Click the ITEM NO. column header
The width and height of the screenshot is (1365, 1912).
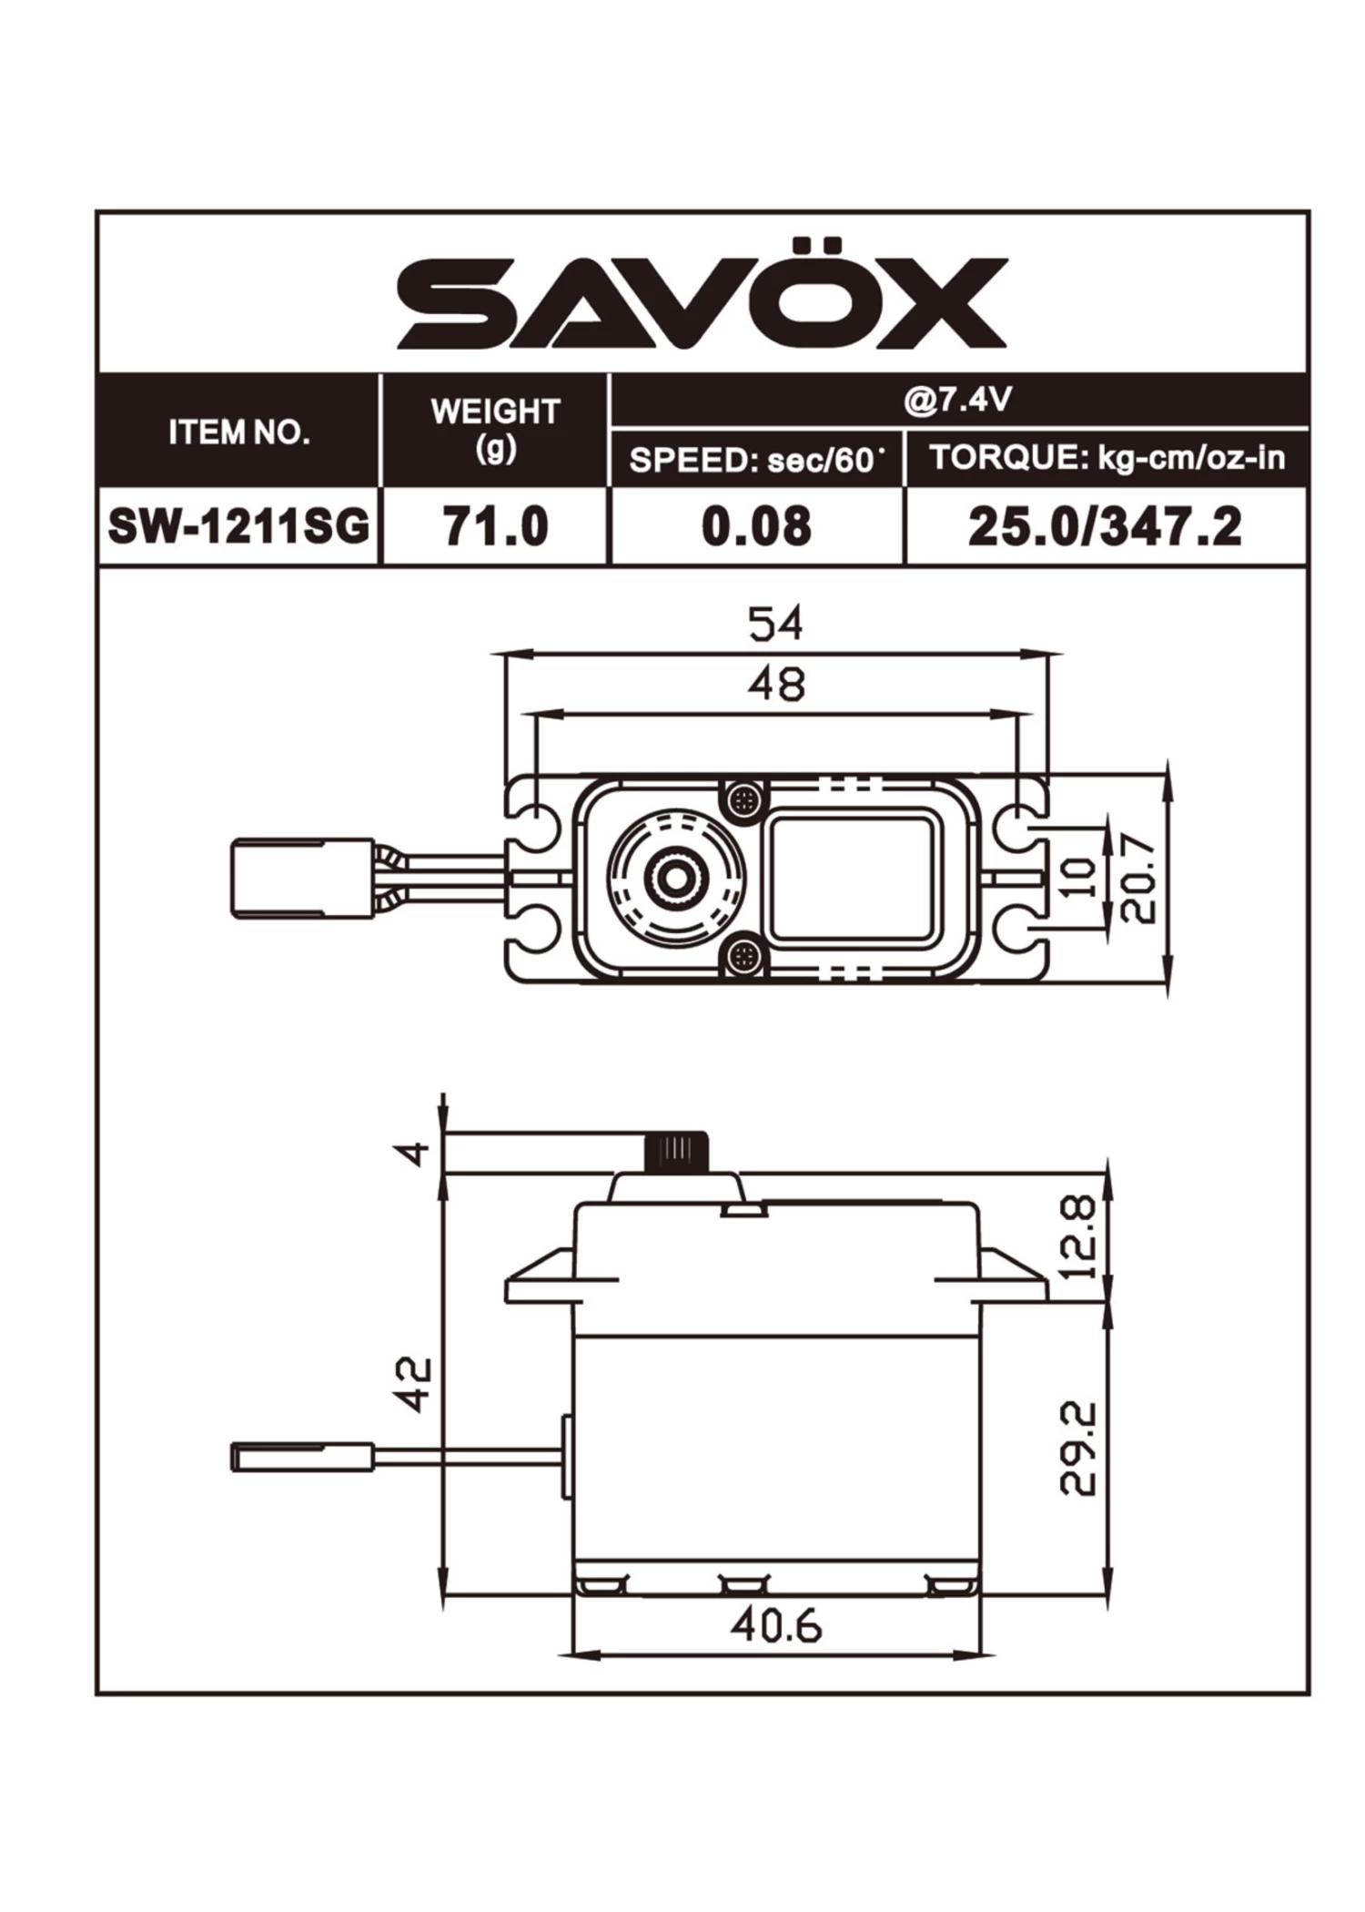(x=238, y=432)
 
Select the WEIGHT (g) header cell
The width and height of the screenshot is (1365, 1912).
(x=495, y=429)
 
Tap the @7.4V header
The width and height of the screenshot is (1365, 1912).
(x=957, y=400)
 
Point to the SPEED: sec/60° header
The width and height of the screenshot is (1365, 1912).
(x=756, y=460)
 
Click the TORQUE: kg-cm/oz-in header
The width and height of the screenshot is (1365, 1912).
(x=1107, y=458)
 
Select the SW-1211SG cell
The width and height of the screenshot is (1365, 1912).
(x=238, y=526)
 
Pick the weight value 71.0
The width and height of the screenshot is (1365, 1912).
(x=495, y=527)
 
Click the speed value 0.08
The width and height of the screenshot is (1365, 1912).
(x=756, y=527)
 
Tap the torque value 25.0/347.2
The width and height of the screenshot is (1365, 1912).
(x=1105, y=527)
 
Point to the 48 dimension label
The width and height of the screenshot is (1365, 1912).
(x=776, y=685)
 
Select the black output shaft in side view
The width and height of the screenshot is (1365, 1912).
(x=677, y=1153)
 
